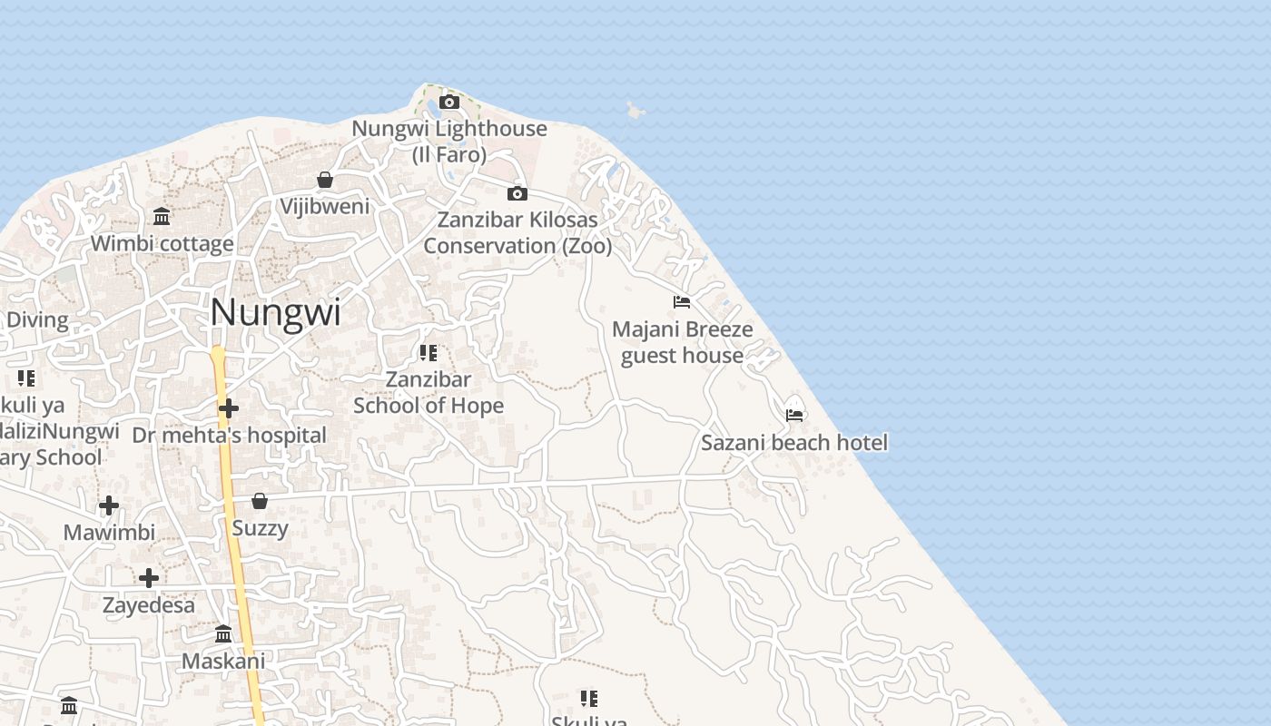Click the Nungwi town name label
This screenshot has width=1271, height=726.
(x=275, y=313)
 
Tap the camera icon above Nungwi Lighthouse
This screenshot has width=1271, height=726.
(x=449, y=102)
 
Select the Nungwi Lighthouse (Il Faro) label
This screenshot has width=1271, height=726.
(x=449, y=142)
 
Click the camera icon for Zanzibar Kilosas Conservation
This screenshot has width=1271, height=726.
(x=517, y=193)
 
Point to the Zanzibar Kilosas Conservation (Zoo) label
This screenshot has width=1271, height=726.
(x=517, y=232)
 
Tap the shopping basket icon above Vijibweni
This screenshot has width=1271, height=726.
(x=325, y=180)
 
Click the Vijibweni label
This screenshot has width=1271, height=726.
(x=325, y=206)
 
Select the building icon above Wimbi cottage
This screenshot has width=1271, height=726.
(x=163, y=216)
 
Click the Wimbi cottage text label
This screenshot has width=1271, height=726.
(x=163, y=243)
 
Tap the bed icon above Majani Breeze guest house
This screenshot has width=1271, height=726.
(x=682, y=301)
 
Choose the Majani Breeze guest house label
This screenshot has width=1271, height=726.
(x=682, y=342)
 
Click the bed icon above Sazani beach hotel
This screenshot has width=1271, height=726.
(x=795, y=415)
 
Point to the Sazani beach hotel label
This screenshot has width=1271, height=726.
(x=794, y=443)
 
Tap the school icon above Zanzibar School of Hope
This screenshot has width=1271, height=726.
(x=429, y=352)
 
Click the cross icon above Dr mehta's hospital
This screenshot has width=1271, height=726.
(x=229, y=408)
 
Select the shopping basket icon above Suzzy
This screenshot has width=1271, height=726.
(x=260, y=501)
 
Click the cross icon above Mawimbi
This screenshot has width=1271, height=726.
(x=109, y=505)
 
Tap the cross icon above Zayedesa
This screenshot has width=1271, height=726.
(x=149, y=577)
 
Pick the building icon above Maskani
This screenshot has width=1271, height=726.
(x=223, y=633)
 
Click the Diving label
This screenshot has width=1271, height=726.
(x=37, y=319)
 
